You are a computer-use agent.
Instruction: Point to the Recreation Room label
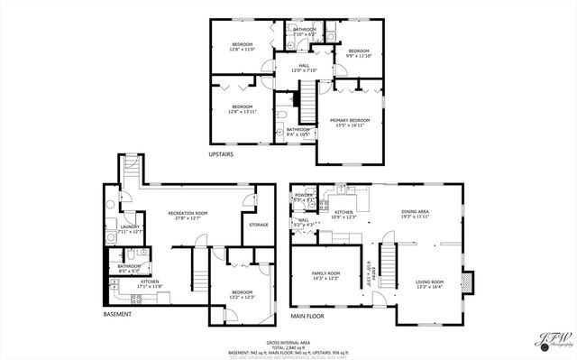pos(189,213)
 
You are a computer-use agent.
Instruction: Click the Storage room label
pos(259,224)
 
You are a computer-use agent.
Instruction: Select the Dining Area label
pos(415,212)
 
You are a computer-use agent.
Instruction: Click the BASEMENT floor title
pos(117,314)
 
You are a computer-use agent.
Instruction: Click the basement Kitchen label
pos(150,282)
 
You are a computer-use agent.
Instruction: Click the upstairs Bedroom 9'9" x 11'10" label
pos(360,51)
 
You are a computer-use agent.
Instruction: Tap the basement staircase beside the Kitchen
pos(197,268)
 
